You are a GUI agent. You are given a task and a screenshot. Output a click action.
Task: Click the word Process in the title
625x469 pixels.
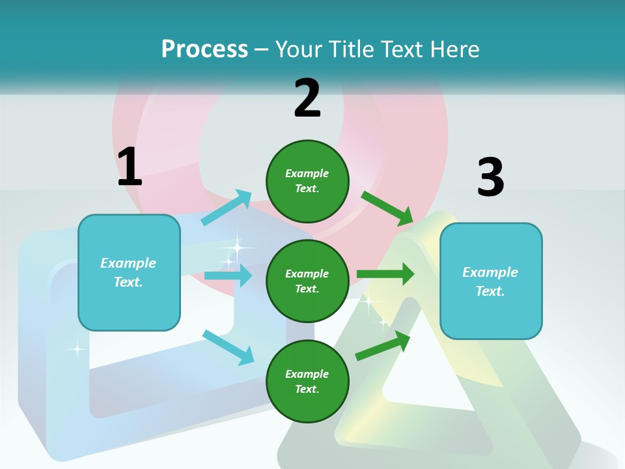pyautogui.click(x=204, y=49)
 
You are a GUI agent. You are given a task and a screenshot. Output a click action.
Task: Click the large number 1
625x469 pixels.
pyautogui.click(x=130, y=167)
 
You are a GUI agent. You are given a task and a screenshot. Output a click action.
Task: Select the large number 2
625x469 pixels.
pyautogui.click(x=307, y=98)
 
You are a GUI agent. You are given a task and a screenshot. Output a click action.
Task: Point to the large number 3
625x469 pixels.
pyautogui.click(x=490, y=177)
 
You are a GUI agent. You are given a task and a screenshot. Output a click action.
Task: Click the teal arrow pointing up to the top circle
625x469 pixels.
pyautogui.click(x=227, y=208)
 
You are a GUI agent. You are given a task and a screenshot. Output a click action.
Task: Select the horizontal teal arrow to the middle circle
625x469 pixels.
pyautogui.click(x=228, y=276)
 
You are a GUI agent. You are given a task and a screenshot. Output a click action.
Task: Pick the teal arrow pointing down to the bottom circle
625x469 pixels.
pyautogui.click(x=228, y=347)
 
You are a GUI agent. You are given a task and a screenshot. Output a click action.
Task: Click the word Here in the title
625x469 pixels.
pyautogui.click(x=456, y=49)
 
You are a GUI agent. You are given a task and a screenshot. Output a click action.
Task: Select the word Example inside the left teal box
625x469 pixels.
pyautogui.click(x=128, y=263)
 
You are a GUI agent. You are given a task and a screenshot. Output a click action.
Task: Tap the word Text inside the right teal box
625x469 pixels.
pyautogui.click(x=490, y=291)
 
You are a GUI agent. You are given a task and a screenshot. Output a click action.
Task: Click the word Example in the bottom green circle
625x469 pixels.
pyautogui.click(x=307, y=374)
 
